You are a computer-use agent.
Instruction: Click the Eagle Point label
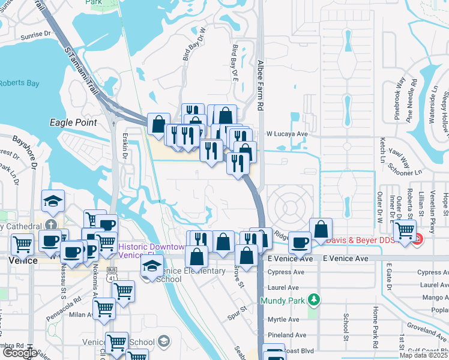click(73, 122)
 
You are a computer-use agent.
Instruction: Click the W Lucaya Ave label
click(287, 134)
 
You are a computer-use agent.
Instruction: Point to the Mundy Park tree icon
click(312, 299)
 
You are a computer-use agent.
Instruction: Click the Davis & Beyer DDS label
click(369, 241)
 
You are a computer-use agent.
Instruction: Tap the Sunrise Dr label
click(35, 34)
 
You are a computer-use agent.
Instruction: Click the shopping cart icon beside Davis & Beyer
click(405, 229)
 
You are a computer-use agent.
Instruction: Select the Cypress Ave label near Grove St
click(285, 271)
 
